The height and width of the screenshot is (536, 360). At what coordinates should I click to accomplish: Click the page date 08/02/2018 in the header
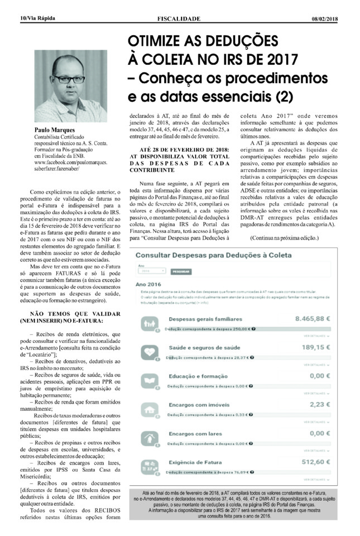tap(325, 18)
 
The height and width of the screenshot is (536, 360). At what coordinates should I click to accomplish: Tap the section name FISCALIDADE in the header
tap(179, 18)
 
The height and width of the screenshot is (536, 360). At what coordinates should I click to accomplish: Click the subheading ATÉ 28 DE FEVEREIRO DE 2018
tap(176, 150)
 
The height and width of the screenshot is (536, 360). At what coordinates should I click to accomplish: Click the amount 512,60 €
tap(323, 462)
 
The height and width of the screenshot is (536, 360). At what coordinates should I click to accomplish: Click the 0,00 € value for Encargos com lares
tap(328, 433)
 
